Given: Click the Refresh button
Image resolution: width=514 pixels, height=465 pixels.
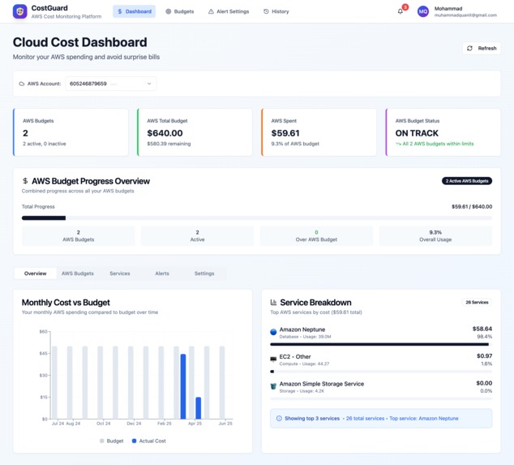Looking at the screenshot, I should click(x=482, y=48).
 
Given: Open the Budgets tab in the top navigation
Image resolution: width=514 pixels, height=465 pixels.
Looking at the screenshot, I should click(x=179, y=11).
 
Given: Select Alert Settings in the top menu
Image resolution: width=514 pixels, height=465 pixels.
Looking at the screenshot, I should click(x=229, y=11).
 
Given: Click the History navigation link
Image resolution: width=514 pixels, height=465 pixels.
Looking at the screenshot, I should click(x=276, y=11).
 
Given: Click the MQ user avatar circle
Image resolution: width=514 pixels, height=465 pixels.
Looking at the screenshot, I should click(x=422, y=11).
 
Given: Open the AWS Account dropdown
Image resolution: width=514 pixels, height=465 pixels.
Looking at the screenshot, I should click(x=110, y=84).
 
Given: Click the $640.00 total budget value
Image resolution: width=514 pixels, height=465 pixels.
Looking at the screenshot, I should click(x=165, y=133).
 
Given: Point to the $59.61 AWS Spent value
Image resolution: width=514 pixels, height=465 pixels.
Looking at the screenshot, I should click(x=285, y=133).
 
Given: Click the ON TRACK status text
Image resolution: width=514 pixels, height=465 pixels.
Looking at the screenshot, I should click(x=417, y=133).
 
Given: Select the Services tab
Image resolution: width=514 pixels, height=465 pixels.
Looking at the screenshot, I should click(x=120, y=273).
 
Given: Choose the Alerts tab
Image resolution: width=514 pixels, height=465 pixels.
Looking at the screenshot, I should click(x=162, y=273).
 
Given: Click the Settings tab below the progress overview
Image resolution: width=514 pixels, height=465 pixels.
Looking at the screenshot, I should click(x=204, y=273).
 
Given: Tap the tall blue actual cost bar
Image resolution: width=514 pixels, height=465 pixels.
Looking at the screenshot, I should click(x=183, y=386).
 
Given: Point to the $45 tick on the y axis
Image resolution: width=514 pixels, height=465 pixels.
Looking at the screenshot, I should click(x=44, y=353).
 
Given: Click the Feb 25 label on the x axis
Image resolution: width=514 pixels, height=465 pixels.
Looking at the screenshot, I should click(x=165, y=424).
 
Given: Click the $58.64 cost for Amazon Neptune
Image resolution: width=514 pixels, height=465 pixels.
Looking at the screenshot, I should click(x=482, y=329).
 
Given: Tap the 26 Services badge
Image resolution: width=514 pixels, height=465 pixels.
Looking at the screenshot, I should click(x=476, y=302).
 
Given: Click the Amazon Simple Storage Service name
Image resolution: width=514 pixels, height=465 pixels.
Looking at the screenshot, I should click(x=321, y=384).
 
